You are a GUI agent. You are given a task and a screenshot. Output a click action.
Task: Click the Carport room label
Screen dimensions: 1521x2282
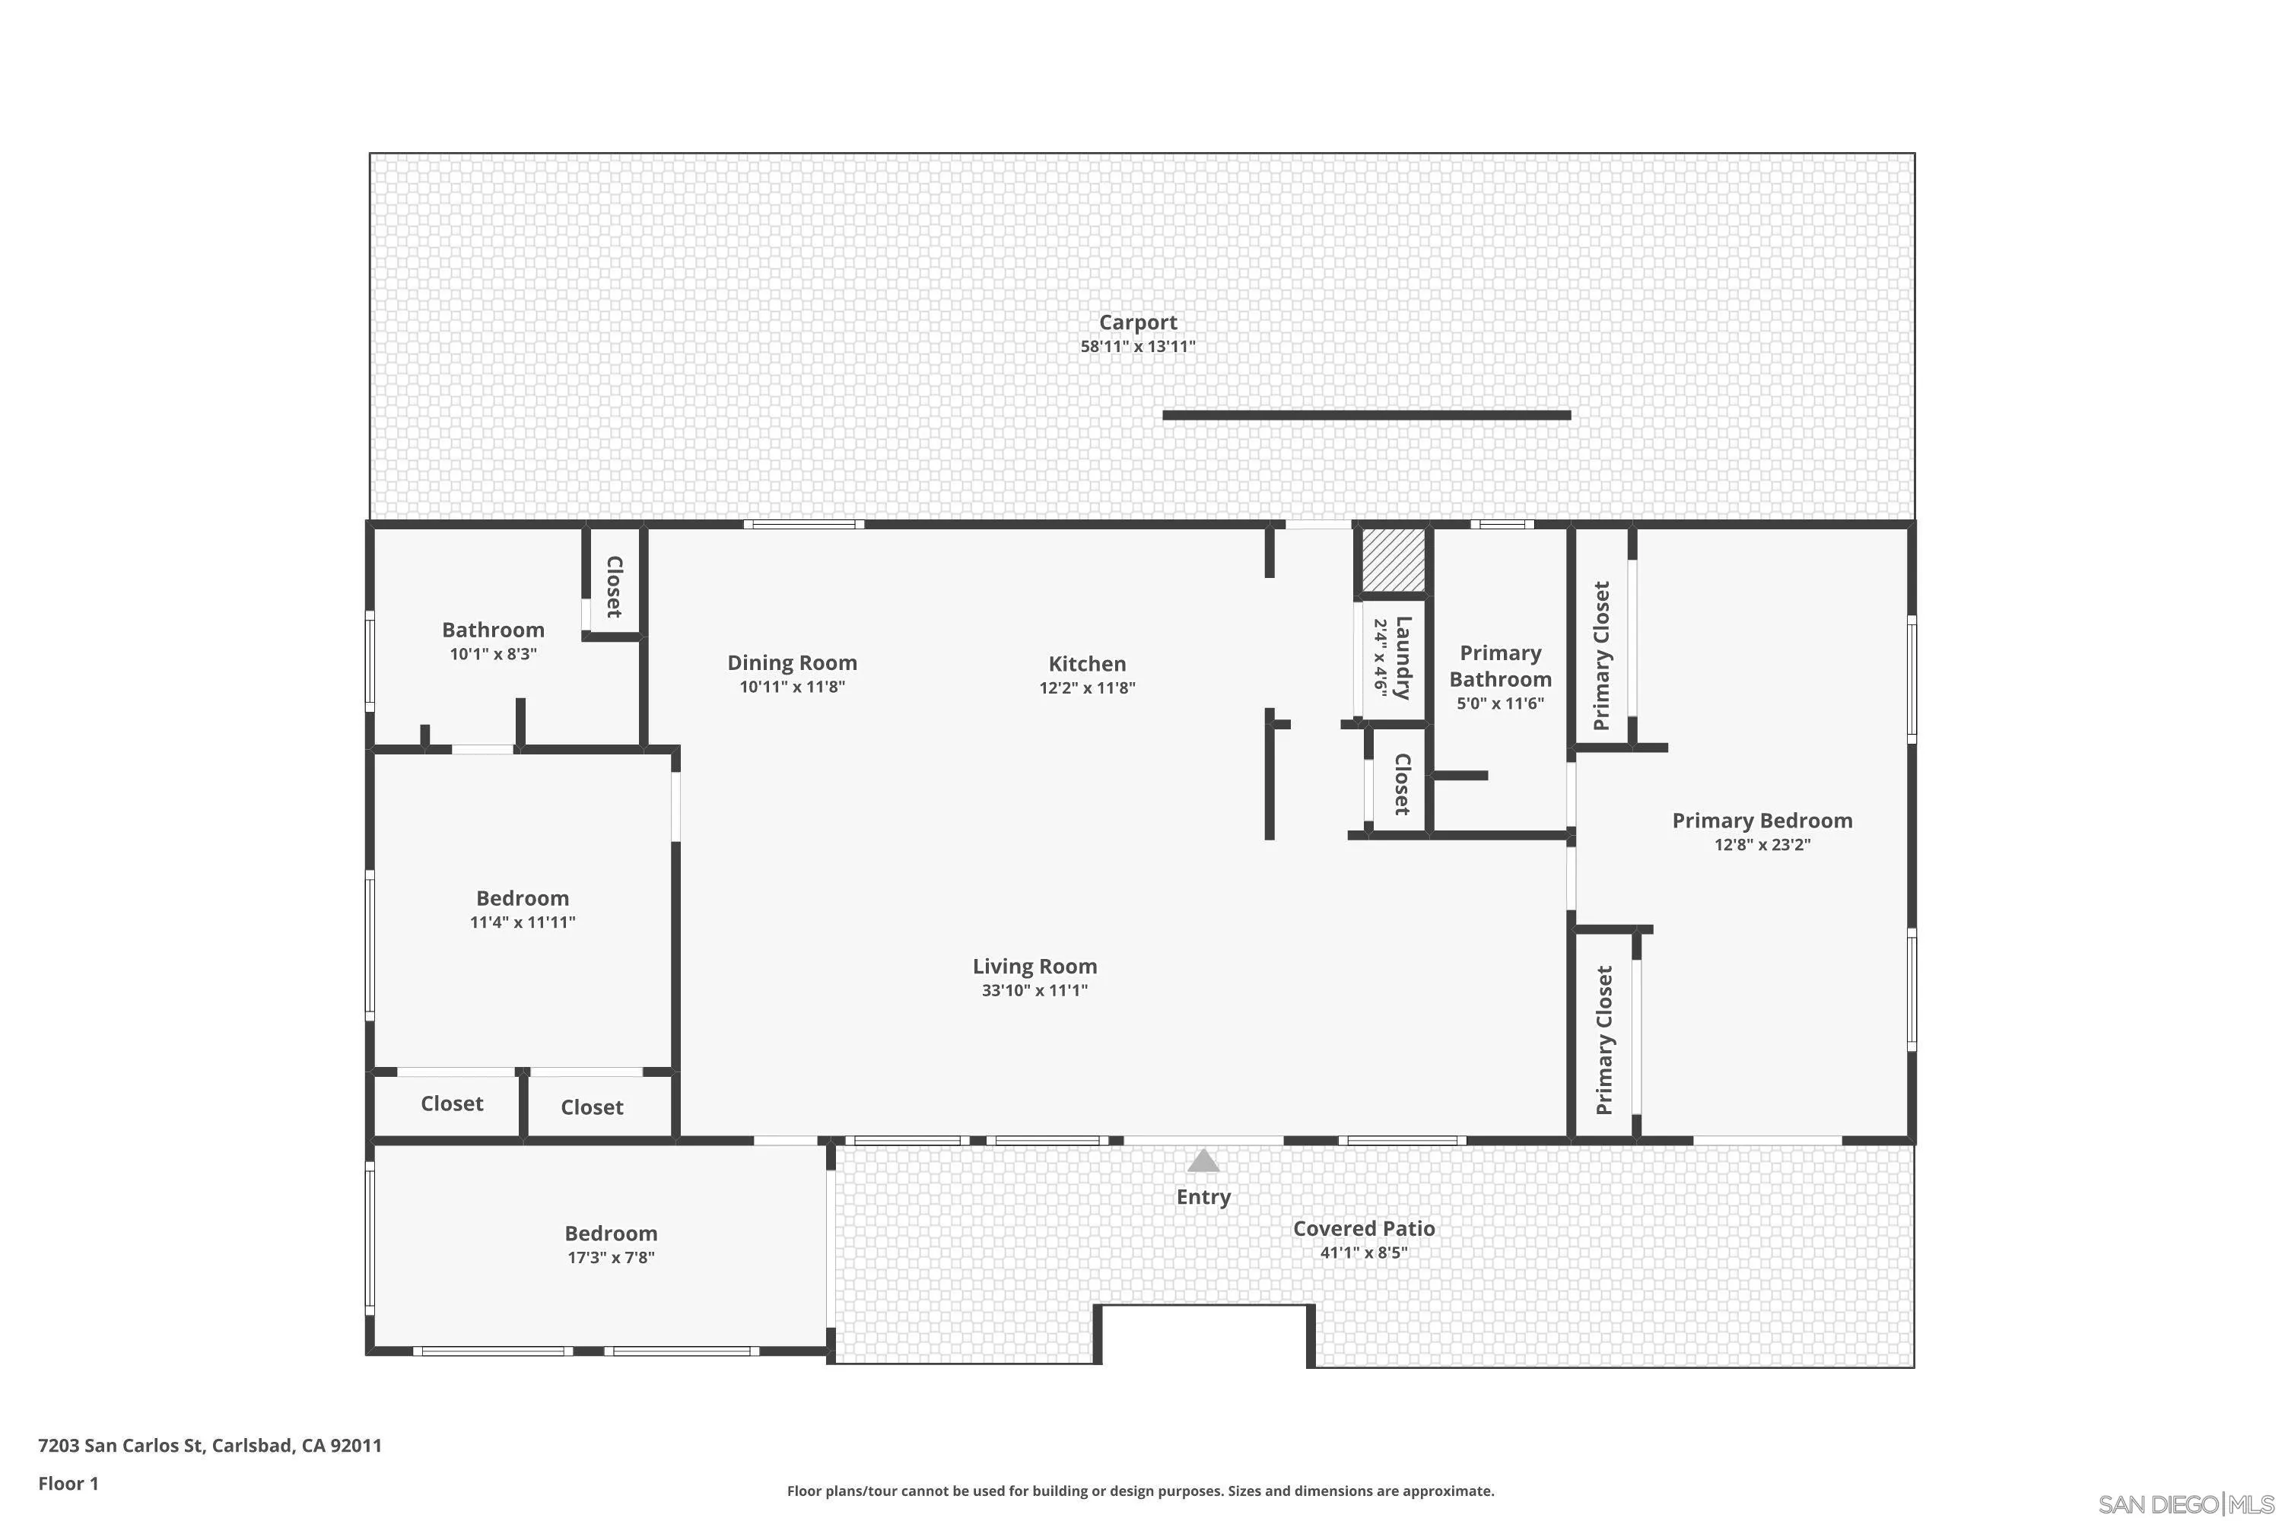(1137, 322)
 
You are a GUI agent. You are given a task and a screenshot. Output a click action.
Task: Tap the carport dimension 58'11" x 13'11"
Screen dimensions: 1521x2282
(1137, 346)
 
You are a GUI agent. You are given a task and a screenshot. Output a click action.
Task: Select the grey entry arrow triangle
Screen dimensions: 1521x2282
(1203, 1161)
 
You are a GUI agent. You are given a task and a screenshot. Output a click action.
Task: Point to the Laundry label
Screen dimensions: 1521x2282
(1402, 658)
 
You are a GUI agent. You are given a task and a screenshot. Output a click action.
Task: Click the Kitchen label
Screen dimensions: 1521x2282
(1087, 663)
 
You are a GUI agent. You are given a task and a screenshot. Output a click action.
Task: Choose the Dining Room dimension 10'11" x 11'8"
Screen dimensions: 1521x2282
(792, 687)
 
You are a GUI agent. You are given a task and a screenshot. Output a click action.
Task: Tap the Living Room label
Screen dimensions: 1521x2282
(1035, 966)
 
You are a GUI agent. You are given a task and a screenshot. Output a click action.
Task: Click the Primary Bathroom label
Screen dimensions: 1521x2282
(1500, 665)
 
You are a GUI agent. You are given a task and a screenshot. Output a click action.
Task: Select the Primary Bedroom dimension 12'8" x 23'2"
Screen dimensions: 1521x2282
(1762, 844)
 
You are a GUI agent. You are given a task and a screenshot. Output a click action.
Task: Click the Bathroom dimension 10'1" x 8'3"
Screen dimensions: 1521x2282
(493, 654)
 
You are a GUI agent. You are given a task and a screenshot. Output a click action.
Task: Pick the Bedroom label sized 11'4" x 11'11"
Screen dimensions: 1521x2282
(522, 898)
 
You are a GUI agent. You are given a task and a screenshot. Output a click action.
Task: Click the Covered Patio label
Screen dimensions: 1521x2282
(1363, 1228)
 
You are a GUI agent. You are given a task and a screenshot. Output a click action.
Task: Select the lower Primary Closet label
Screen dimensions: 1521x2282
(1603, 1040)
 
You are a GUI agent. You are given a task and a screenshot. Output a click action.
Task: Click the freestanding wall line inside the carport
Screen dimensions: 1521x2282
(1366, 415)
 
